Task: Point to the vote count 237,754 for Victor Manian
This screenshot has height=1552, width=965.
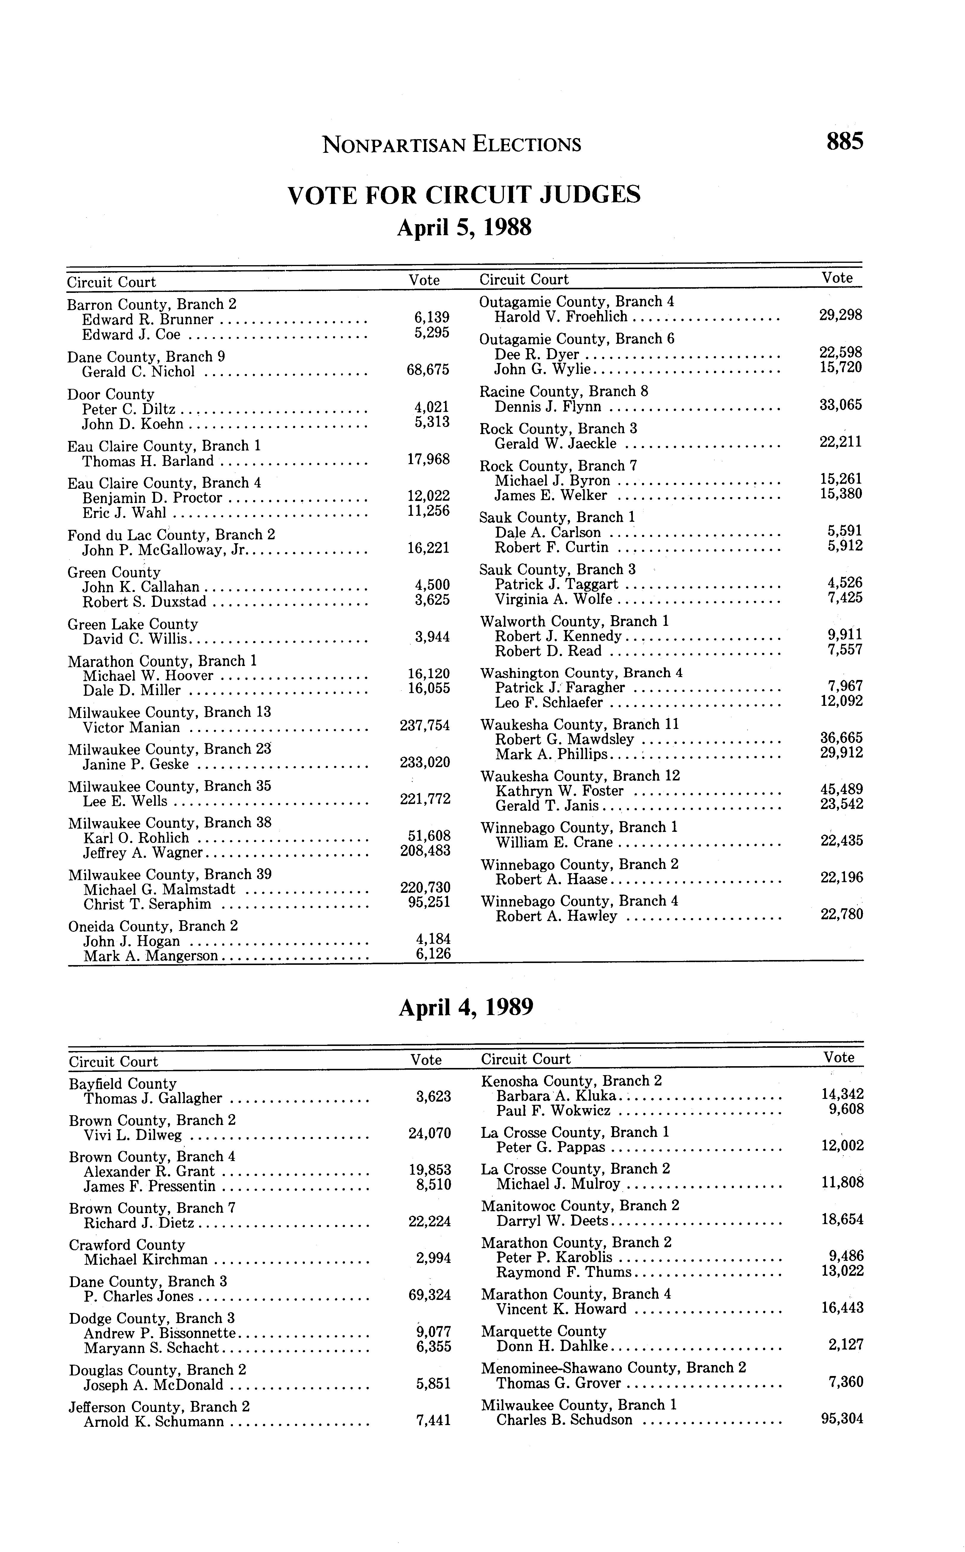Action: click(x=425, y=725)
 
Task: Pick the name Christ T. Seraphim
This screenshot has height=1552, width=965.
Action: click(x=147, y=904)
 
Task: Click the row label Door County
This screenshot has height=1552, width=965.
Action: click(x=111, y=394)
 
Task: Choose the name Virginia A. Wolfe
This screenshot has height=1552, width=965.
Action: click(x=553, y=599)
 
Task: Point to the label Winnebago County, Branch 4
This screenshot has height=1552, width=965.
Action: click(x=579, y=901)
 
